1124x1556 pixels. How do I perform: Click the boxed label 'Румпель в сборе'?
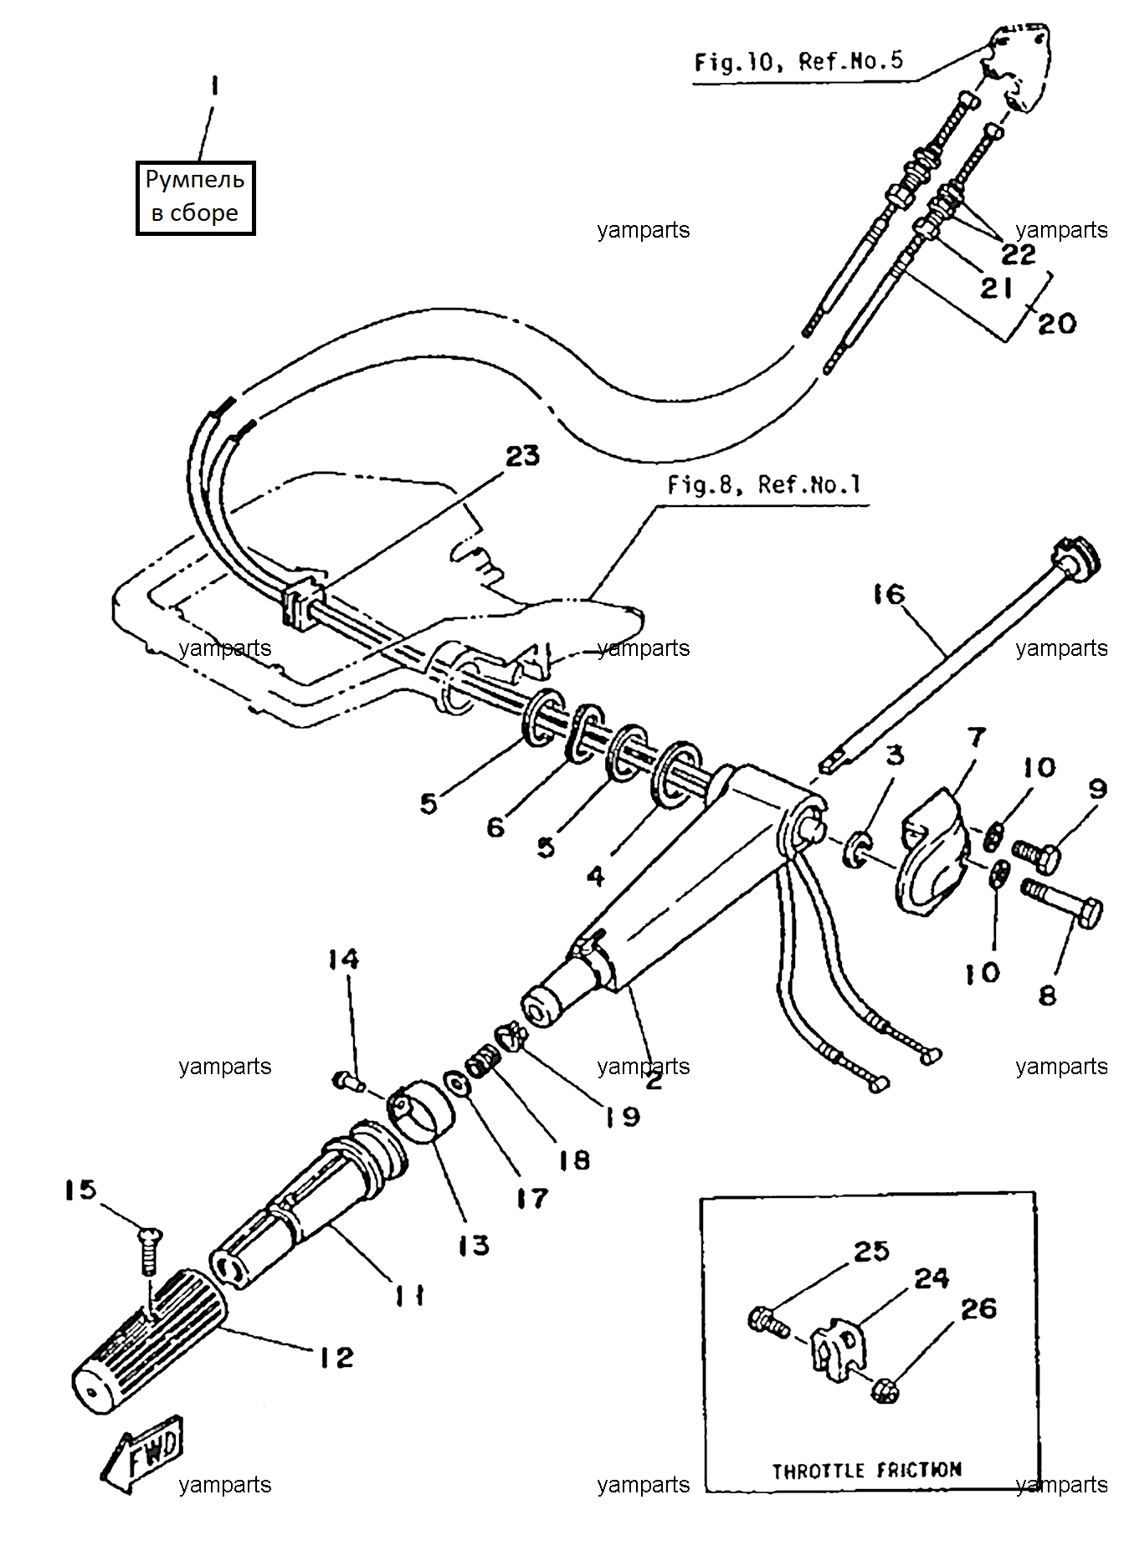[195, 197]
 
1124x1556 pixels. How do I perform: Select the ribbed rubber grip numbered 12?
[150, 1343]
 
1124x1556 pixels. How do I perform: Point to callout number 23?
[523, 456]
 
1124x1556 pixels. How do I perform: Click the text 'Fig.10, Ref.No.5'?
[798, 61]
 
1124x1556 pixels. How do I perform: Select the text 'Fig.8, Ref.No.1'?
[763, 485]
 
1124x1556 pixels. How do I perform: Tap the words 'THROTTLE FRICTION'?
[866, 1470]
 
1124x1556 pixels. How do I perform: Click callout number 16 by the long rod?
[889, 594]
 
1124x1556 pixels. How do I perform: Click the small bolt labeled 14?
[347, 1082]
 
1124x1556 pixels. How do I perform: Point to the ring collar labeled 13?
[421, 1111]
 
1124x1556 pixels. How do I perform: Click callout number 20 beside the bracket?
[1057, 324]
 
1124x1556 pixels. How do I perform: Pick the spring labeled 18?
[483, 1063]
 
